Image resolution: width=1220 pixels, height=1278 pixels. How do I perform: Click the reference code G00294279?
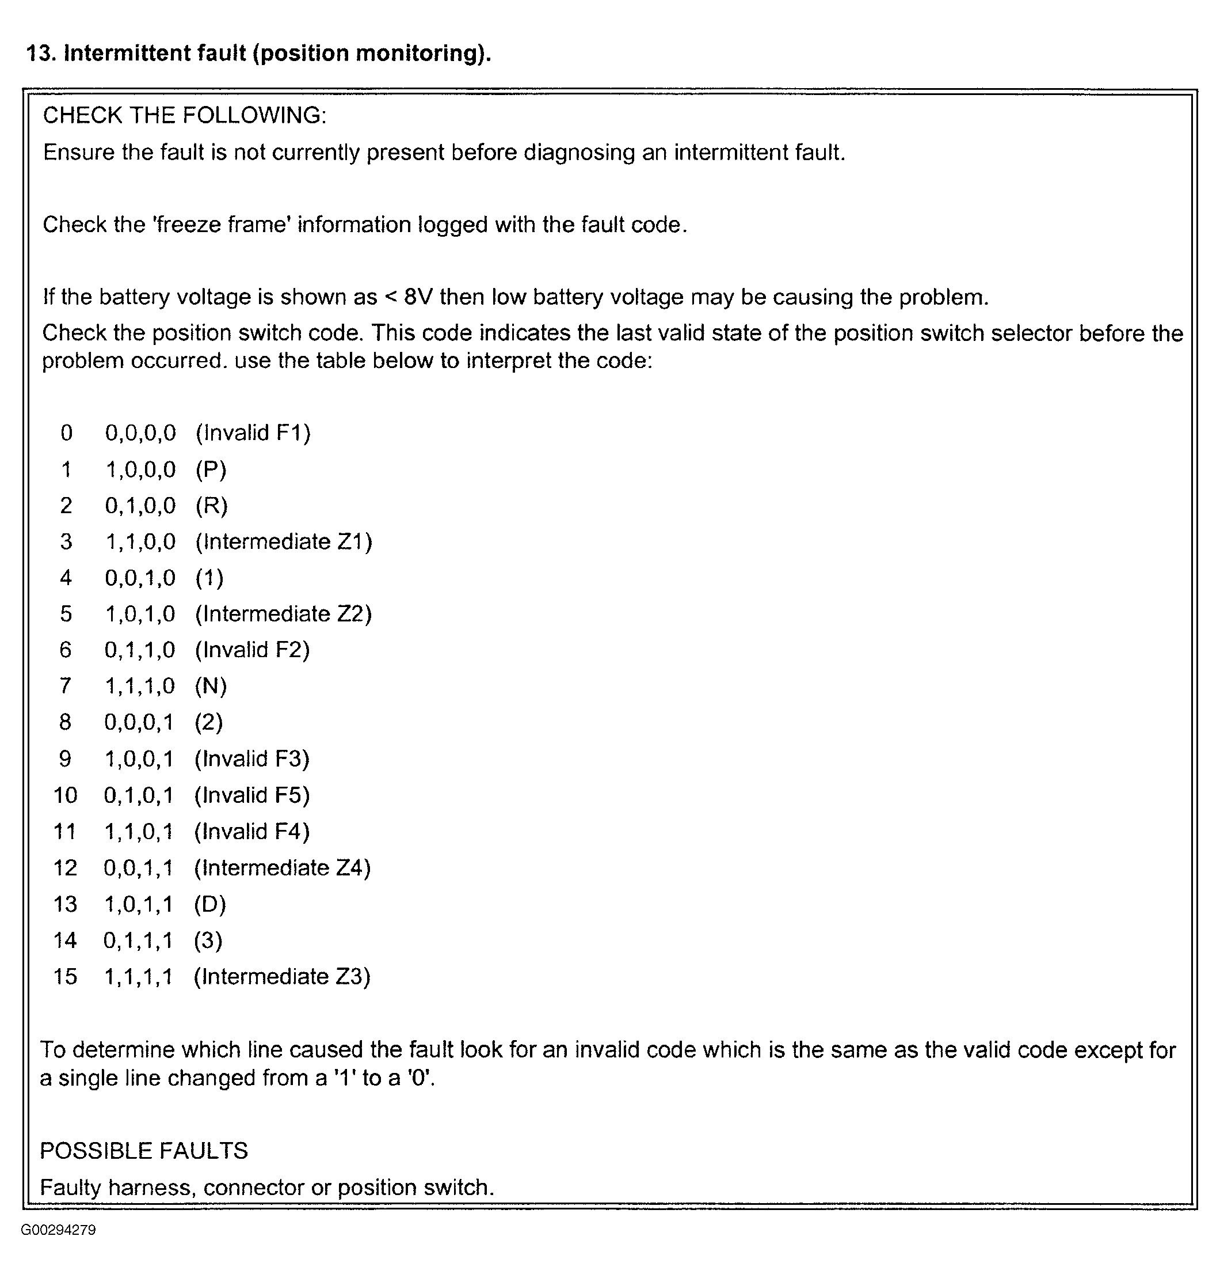(59, 1230)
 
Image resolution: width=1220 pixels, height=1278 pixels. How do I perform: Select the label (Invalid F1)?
(253, 433)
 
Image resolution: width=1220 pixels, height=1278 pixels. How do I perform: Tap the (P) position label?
(211, 469)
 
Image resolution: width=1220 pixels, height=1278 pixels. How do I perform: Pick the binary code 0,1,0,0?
(140, 506)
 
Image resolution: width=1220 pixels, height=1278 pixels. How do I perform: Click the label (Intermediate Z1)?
(284, 541)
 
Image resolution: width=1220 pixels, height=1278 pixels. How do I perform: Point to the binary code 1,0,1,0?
(140, 613)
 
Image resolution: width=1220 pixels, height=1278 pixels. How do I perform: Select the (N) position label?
(211, 686)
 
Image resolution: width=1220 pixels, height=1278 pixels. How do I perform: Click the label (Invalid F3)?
(251, 759)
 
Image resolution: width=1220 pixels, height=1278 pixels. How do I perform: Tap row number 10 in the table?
(65, 795)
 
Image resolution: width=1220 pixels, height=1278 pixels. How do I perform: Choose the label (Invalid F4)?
(251, 832)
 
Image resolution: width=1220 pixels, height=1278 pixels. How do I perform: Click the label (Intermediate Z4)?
(282, 868)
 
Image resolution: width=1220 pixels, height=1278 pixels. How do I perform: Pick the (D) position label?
(209, 904)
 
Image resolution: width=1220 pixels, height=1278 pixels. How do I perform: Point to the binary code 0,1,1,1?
(139, 941)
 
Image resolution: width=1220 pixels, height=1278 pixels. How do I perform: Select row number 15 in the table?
(65, 977)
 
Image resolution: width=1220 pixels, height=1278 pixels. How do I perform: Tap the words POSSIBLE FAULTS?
(144, 1151)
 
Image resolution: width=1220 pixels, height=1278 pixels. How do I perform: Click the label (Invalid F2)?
(252, 650)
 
